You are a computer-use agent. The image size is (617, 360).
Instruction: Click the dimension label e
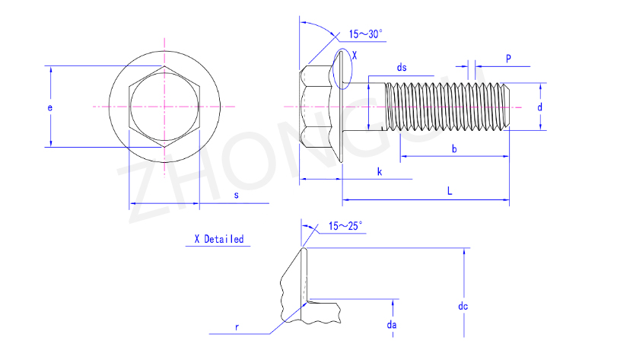(50, 108)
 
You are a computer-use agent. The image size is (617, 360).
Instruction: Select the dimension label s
(236, 195)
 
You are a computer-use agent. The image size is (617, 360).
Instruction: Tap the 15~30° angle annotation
(365, 34)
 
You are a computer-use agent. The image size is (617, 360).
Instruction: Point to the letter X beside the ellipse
(355, 56)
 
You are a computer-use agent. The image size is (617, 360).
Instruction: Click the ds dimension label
(402, 68)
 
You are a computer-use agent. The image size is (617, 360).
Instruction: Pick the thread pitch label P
(508, 59)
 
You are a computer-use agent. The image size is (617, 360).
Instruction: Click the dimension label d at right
(540, 107)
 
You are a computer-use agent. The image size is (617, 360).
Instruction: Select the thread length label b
(454, 148)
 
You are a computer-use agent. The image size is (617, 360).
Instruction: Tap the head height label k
(380, 171)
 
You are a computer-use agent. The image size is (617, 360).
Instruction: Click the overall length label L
(450, 191)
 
